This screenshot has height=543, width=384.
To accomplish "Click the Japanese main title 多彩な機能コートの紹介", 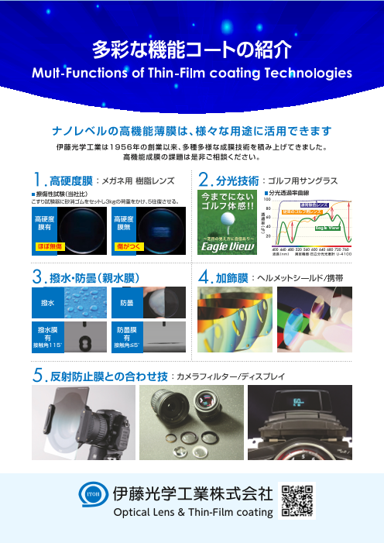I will pyautogui.click(x=191, y=50).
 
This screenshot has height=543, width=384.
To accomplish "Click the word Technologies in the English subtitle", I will pyautogui.click(x=308, y=75).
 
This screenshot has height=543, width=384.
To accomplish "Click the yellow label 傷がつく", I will pyautogui.click(x=128, y=246).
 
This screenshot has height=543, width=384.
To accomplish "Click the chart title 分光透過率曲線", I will pyautogui.click(x=290, y=192).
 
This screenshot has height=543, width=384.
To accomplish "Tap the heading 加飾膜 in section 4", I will pyautogui.click(x=231, y=276).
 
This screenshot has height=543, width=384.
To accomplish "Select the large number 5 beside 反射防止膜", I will pyautogui.click(x=37, y=376).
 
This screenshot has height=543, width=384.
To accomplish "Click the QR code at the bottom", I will pyautogui.click(x=297, y=500).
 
